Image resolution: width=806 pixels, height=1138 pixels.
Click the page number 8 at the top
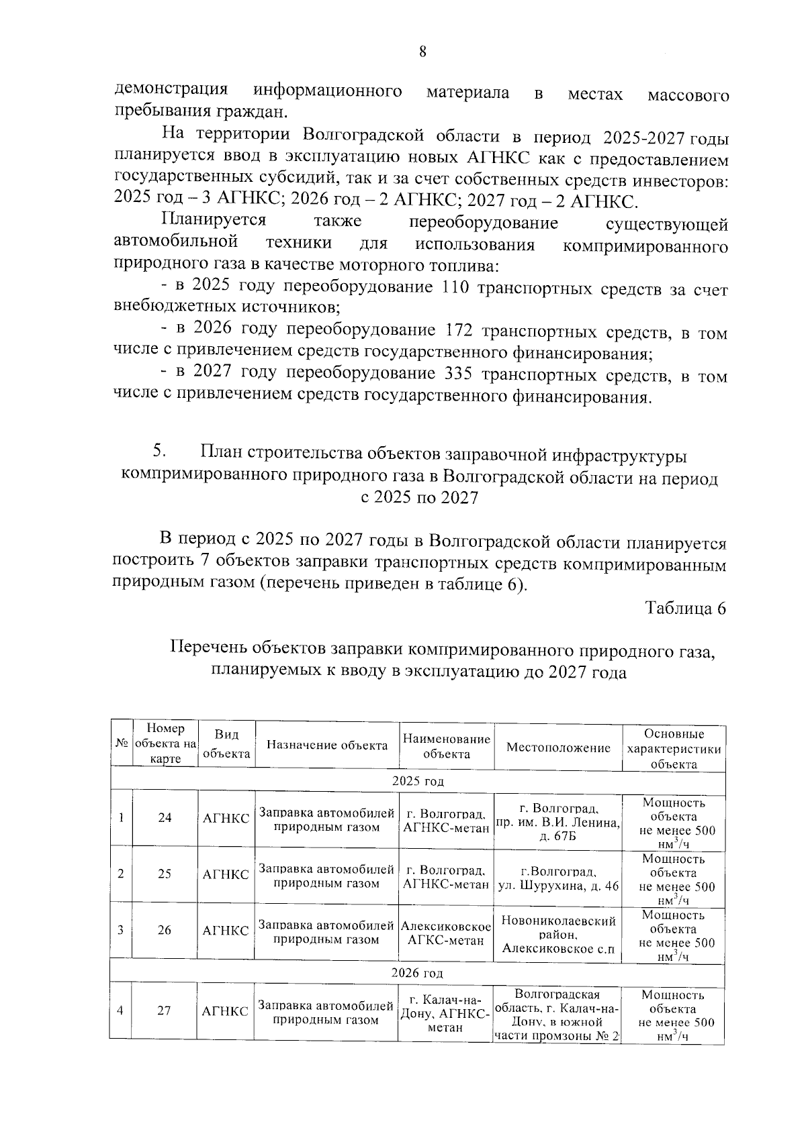tap(422, 52)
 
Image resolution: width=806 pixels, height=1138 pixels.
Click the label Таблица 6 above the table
tap(685, 608)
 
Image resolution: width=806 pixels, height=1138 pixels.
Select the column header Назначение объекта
tap(327, 745)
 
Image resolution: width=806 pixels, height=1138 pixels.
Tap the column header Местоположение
tap(558, 747)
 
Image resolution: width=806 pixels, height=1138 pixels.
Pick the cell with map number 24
tap(165, 817)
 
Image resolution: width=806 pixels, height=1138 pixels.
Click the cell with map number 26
tap(165, 930)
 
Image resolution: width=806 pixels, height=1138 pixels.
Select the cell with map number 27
tap(165, 1011)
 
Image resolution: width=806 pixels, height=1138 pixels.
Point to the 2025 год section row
tap(418, 782)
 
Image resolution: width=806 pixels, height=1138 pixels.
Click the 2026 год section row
tap(418, 973)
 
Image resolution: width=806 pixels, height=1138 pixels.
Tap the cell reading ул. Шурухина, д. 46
tap(558, 879)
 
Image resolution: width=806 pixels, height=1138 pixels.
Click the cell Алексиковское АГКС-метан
tap(446, 933)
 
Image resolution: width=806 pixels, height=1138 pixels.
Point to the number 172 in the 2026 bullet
tap(460, 331)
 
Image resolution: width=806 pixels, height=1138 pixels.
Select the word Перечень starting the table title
tap(210, 649)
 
